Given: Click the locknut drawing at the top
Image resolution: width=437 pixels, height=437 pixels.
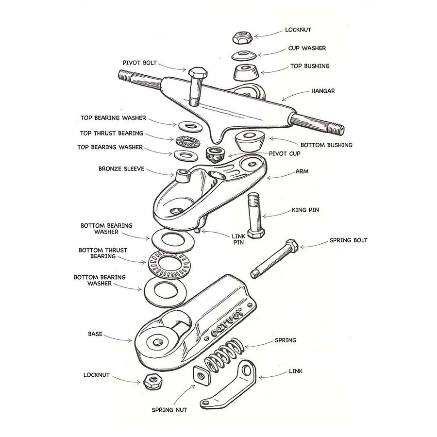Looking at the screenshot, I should point(241,37).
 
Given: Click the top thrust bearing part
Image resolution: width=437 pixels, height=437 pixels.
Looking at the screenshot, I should point(187,142).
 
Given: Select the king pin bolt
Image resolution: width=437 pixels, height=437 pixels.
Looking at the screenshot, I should point(254,214).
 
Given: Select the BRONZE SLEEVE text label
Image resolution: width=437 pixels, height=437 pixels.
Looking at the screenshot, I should point(121,169).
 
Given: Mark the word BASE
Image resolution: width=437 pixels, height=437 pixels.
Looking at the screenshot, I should point(95,334).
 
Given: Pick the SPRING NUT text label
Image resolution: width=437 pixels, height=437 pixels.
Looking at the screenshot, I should point(169,410).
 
